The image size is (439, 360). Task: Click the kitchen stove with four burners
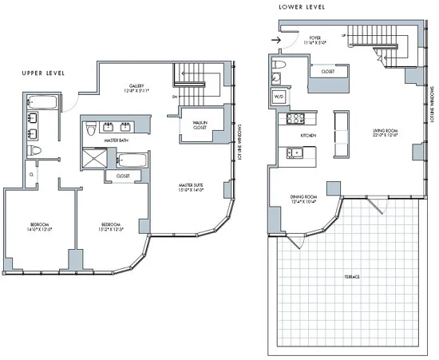[x=290, y=120]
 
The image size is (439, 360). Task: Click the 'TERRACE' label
[x=352, y=276]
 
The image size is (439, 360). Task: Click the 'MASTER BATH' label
[x=117, y=140]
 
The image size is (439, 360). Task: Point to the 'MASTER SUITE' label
[x=192, y=188]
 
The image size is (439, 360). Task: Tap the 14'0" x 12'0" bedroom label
[x=40, y=227]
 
